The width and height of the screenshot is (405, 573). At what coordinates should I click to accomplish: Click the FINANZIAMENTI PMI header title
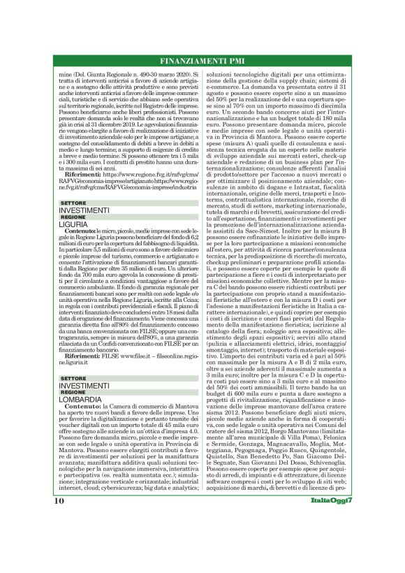[x=202, y=59]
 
